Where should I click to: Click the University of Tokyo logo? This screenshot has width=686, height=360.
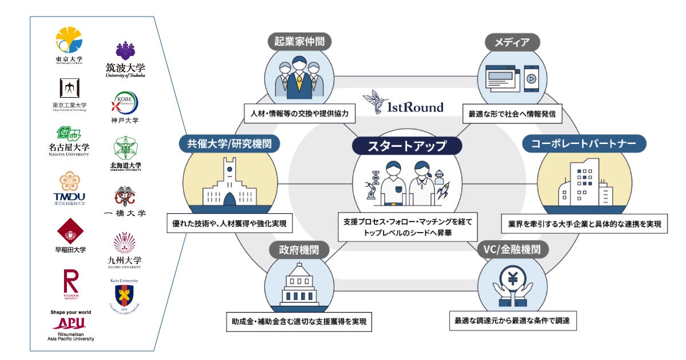click(x=69, y=41)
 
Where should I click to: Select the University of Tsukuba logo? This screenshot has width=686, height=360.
click(x=125, y=59)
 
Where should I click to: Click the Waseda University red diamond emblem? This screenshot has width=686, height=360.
click(x=70, y=231)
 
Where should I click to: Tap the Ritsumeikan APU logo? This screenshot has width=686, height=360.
click(x=70, y=326)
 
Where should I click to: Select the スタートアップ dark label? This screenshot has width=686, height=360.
click(x=406, y=146)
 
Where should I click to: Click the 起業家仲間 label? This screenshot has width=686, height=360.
click(x=300, y=42)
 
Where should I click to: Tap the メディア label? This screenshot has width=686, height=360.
click(x=512, y=42)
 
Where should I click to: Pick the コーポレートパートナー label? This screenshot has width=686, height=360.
click(x=584, y=143)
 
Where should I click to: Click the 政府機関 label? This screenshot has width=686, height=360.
click(x=300, y=250)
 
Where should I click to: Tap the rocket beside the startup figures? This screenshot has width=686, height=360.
click(x=442, y=191)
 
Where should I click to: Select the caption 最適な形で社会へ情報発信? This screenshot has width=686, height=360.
click(x=512, y=114)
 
